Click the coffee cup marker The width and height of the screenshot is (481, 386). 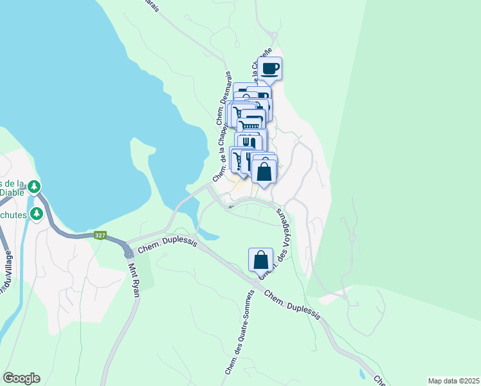[x=270, y=68]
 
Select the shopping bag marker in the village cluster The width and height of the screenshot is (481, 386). [x=264, y=171]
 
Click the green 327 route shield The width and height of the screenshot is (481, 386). [x=100, y=235]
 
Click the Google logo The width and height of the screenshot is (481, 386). [x=21, y=378]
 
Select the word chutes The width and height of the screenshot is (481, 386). [x=13, y=214]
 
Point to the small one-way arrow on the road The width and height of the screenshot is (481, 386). [x=230, y=207]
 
